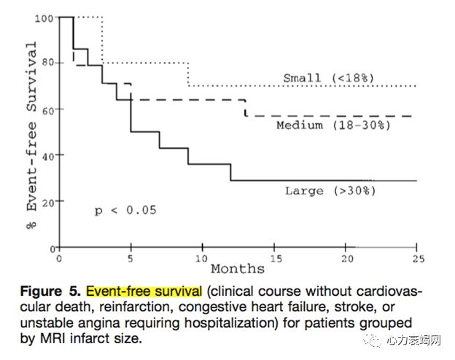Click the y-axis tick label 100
tap(45, 17)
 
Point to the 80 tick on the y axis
tap(47, 63)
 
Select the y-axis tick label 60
tap(47, 109)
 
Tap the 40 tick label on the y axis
tap(47, 155)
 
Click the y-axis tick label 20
tap(47, 201)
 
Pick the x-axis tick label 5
tap(131, 258)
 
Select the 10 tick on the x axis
tap(202, 258)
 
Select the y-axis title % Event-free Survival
tap(31, 125)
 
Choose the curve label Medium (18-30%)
tap(333, 125)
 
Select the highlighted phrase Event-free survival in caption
tap(144, 292)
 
